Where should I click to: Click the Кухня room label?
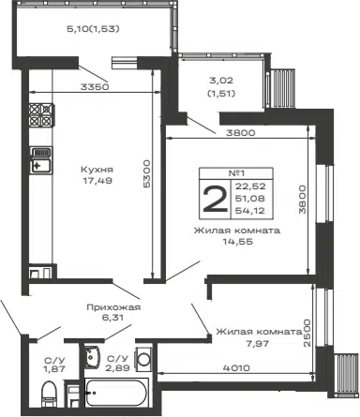click(x=97, y=170)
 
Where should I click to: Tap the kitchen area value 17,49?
click(x=97, y=181)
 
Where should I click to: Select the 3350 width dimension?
click(x=95, y=87)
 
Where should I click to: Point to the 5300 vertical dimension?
click(x=146, y=173)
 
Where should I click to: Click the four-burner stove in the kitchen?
click(x=41, y=115)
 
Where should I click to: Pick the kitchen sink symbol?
click(x=41, y=160)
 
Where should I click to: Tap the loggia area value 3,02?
click(x=221, y=81)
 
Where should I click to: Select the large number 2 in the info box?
click(x=215, y=199)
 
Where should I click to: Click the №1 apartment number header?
click(x=236, y=173)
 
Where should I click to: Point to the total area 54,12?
click(x=250, y=211)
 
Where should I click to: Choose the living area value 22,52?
click(x=250, y=186)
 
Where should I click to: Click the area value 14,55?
click(x=237, y=242)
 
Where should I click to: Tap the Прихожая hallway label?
click(x=113, y=307)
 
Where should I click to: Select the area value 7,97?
click(x=257, y=344)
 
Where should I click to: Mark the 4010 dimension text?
click(x=236, y=368)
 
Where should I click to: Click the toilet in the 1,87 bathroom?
click(x=49, y=394)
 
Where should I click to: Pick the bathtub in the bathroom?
click(x=116, y=393)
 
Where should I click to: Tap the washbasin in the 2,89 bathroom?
click(x=92, y=356)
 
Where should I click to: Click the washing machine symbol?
click(x=143, y=358)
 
